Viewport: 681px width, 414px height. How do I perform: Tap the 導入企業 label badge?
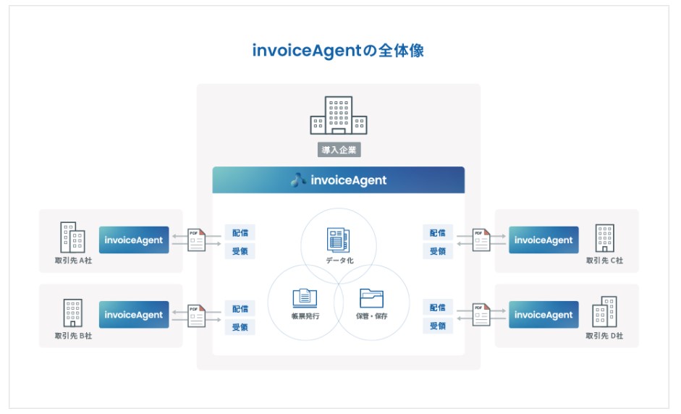[338, 150]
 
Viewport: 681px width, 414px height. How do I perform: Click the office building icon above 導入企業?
[338, 116]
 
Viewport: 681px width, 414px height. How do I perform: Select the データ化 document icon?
[338, 239]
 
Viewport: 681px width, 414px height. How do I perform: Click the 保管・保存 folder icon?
[372, 297]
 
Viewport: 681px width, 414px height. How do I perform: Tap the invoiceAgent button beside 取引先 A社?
[134, 240]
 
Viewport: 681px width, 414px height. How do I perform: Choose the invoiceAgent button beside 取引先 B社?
[134, 315]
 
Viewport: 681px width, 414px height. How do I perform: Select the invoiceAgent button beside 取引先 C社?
[543, 240]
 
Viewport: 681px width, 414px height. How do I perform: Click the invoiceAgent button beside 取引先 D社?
[543, 315]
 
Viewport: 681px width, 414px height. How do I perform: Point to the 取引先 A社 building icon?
[72, 237]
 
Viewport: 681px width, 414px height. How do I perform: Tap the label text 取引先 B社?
[73, 336]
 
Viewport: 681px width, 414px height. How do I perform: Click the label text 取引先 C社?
[604, 260]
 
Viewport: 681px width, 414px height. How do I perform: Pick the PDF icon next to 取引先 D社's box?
[481, 315]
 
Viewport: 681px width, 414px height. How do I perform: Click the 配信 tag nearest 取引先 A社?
[240, 233]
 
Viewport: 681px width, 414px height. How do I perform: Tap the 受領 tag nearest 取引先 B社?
[240, 327]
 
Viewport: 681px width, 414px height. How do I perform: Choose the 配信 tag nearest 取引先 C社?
[437, 233]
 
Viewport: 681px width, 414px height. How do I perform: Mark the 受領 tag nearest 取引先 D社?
[437, 327]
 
